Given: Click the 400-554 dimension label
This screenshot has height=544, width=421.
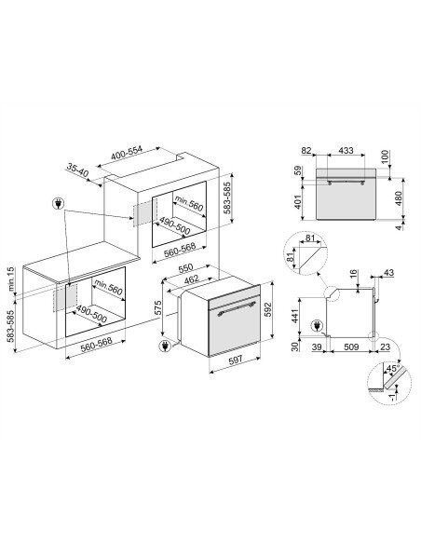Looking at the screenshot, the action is (127, 154).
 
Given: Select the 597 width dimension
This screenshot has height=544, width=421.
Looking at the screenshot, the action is (236, 360).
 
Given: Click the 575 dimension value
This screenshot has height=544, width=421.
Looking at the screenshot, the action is (158, 308).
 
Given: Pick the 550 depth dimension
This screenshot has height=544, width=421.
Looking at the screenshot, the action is (185, 269).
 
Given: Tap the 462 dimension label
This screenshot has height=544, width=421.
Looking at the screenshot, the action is (192, 279).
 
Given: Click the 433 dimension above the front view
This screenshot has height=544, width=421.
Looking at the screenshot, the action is (346, 150).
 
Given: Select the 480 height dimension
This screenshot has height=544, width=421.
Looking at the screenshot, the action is (399, 198).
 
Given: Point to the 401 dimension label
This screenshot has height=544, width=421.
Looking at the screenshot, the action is (297, 202).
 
